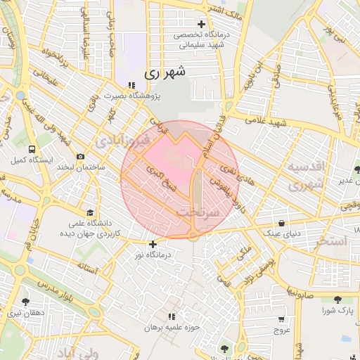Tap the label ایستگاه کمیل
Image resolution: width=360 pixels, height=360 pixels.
tap(32, 160)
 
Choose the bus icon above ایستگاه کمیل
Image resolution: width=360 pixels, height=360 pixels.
tap(32, 149)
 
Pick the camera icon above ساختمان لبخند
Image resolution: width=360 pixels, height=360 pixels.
tap(81, 156)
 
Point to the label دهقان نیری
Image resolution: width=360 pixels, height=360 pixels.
tap(26, 314)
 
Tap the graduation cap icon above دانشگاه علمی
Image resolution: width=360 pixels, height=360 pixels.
tap(89, 212)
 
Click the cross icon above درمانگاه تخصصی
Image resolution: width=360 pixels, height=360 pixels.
tap(201, 24)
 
